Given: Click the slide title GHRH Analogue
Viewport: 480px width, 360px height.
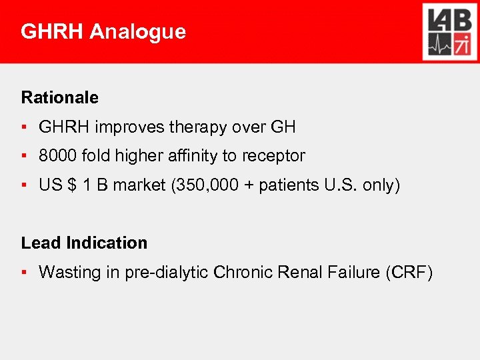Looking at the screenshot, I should pyautogui.click(x=103, y=31).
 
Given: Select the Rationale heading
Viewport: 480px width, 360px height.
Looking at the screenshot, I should pyautogui.click(x=59, y=97).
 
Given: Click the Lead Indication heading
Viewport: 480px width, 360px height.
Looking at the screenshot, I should pyautogui.click(x=84, y=243).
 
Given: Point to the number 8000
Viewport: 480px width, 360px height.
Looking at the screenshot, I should pyautogui.click(x=58, y=156).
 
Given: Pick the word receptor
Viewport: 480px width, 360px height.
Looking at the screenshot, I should pyautogui.click(x=273, y=156).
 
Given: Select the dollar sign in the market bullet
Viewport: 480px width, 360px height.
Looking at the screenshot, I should pyautogui.click(x=71, y=185).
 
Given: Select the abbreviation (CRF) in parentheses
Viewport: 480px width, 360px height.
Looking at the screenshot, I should pyautogui.click(x=409, y=272).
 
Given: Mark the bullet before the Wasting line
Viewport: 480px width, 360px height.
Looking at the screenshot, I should pyautogui.click(x=24, y=272).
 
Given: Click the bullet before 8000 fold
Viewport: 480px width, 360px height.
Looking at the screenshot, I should pyautogui.click(x=24, y=156).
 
